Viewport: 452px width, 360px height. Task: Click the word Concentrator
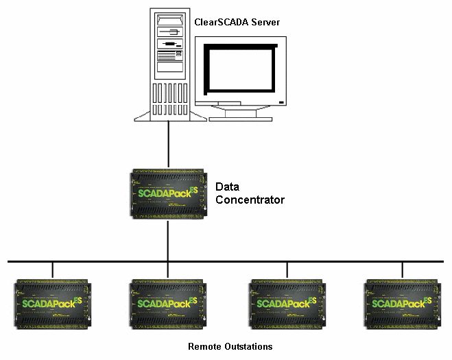[x=250, y=200]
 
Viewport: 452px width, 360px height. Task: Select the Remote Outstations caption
[x=230, y=346]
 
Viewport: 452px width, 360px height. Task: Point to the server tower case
[x=168, y=62]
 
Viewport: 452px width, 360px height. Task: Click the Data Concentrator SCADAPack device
[x=167, y=193]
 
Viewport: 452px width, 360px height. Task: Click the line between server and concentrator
[x=168, y=144]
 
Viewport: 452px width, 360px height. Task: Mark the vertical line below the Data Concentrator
[x=168, y=240]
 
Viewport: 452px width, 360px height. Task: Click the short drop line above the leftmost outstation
[x=52, y=269]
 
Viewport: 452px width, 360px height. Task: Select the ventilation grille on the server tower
[x=168, y=97]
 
